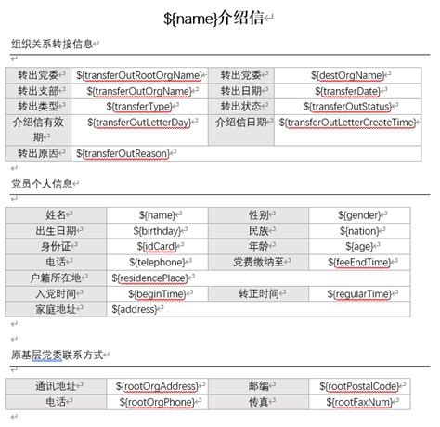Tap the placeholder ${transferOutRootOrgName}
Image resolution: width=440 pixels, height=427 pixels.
[140, 75]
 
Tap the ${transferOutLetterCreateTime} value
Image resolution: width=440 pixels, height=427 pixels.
[351, 123]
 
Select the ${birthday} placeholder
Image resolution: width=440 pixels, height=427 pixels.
[160, 230]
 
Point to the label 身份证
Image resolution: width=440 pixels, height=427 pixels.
[57, 246]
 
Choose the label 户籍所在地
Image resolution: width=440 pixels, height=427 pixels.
[57, 278]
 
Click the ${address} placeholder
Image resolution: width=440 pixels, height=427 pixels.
[136, 309]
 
